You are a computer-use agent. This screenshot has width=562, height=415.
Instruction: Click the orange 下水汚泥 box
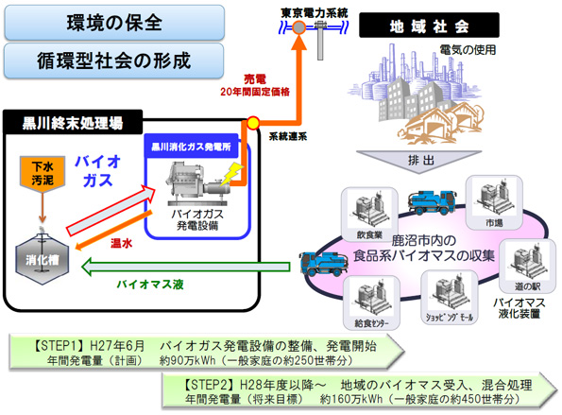click(43, 174)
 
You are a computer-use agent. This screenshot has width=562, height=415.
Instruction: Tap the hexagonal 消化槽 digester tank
click(42, 259)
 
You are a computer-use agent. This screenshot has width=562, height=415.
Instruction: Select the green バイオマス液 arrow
click(186, 267)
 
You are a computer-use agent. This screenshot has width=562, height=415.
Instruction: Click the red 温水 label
click(121, 244)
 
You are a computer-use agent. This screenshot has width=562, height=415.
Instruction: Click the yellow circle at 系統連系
click(253, 123)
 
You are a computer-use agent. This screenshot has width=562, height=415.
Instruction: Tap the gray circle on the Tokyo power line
click(298, 27)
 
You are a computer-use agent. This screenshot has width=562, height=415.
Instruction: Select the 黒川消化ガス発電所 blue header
click(191, 147)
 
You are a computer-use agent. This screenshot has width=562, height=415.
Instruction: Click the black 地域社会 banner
click(429, 26)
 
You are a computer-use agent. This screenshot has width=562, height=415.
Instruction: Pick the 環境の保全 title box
click(114, 23)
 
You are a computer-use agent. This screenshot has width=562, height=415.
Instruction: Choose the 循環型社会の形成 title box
click(114, 61)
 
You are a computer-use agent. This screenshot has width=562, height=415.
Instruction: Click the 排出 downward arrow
click(419, 162)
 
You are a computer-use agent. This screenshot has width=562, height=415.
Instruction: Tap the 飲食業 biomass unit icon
click(370, 215)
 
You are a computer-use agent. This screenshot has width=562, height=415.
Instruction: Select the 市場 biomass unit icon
click(494, 202)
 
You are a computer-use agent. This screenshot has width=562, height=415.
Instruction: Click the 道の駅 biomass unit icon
click(528, 267)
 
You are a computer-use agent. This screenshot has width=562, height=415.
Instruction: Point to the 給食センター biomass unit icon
click(371, 303)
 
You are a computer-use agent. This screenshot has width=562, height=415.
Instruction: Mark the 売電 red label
click(255, 79)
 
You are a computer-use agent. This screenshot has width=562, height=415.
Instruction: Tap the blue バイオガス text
click(97, 171)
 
